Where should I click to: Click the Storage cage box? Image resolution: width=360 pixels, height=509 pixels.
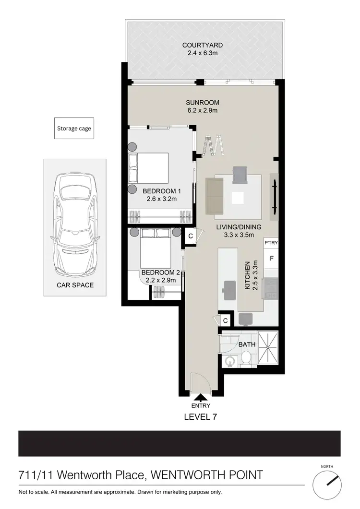tap(74, 129)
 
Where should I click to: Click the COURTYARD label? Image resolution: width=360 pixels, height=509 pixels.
tap(202, 46)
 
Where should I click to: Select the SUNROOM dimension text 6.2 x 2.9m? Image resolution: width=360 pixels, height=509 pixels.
tap(202, 111)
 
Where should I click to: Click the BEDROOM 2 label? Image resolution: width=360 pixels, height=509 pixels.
tap(158, 272)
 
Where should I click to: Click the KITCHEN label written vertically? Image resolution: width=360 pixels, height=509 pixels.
tap(248, 275)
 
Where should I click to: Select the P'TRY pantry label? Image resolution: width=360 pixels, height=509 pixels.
tap(271, 243)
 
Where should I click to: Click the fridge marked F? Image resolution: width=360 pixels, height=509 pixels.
tap(271, 259)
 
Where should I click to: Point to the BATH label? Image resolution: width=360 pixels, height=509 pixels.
tap(247, 344)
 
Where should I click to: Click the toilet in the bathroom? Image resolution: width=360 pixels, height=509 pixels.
tap(245, 357)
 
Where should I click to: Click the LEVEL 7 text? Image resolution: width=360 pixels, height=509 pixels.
tap(201, 417)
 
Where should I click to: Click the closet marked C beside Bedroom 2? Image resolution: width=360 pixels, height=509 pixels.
tap(191, 236)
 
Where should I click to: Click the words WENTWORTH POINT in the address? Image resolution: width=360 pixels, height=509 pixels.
tap(207, 475)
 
